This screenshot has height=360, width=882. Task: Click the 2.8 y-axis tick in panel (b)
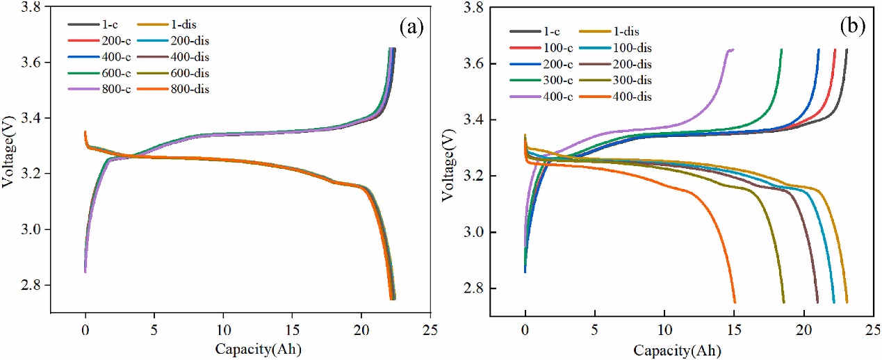pos(477,288)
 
